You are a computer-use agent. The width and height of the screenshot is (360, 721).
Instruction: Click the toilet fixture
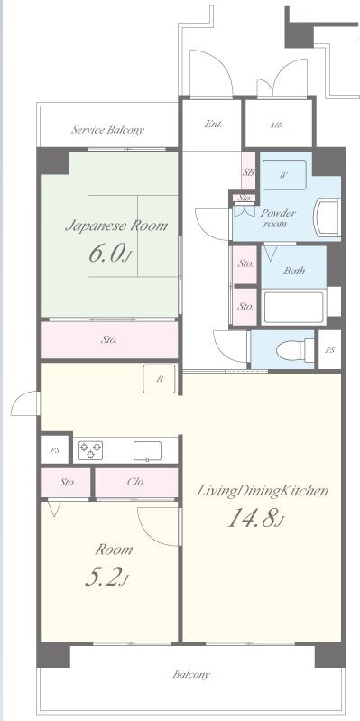pyautogui.click(x=296, y=350)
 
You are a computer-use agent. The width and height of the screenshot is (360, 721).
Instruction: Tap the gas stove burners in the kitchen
pyautogui.click(x=90, y=450)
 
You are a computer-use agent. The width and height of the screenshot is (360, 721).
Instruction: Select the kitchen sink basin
pyautogui.click(x=148, y=450)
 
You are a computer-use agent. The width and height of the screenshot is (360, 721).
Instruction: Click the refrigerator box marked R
pyautogui.click(x=159, y=379)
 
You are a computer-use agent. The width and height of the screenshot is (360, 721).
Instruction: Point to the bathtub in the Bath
pyautogui.click(x=293, y=307)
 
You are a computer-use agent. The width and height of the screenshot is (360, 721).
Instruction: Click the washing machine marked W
pyautogui.click(x=284, y=175)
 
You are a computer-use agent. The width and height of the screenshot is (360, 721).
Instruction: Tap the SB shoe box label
pyautogui.click(x=248, y=172)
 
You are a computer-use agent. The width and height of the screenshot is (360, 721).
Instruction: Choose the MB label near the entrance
pyautogui.click(x=277, y=125)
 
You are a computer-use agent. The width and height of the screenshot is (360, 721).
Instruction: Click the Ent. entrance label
pyautogui.click(x=213, y=124)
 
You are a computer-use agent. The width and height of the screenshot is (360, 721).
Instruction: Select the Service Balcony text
pyautogui.click(x=107, y=130)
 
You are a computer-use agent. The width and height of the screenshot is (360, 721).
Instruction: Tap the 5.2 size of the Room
pyautogui.click(x=106, y=578)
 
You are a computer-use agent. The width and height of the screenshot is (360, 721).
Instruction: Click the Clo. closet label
pyautogui.click(x=136, y=482)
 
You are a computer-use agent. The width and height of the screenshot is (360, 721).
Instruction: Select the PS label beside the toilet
pyautogui.click(x=329, y=350)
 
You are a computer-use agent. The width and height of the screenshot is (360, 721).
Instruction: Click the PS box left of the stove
pyautogui.click(x=55, y=450)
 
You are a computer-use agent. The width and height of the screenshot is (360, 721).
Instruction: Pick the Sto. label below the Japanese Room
pyautogui.click(x=109, y=340)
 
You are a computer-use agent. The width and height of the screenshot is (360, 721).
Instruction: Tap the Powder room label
pyautogui.click(x=278, y=218)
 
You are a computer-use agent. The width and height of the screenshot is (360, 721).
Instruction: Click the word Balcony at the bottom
pyautogui.click(x=191, y=675)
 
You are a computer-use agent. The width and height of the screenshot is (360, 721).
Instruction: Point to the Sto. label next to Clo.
pyautogui.click(x=68, y=483)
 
